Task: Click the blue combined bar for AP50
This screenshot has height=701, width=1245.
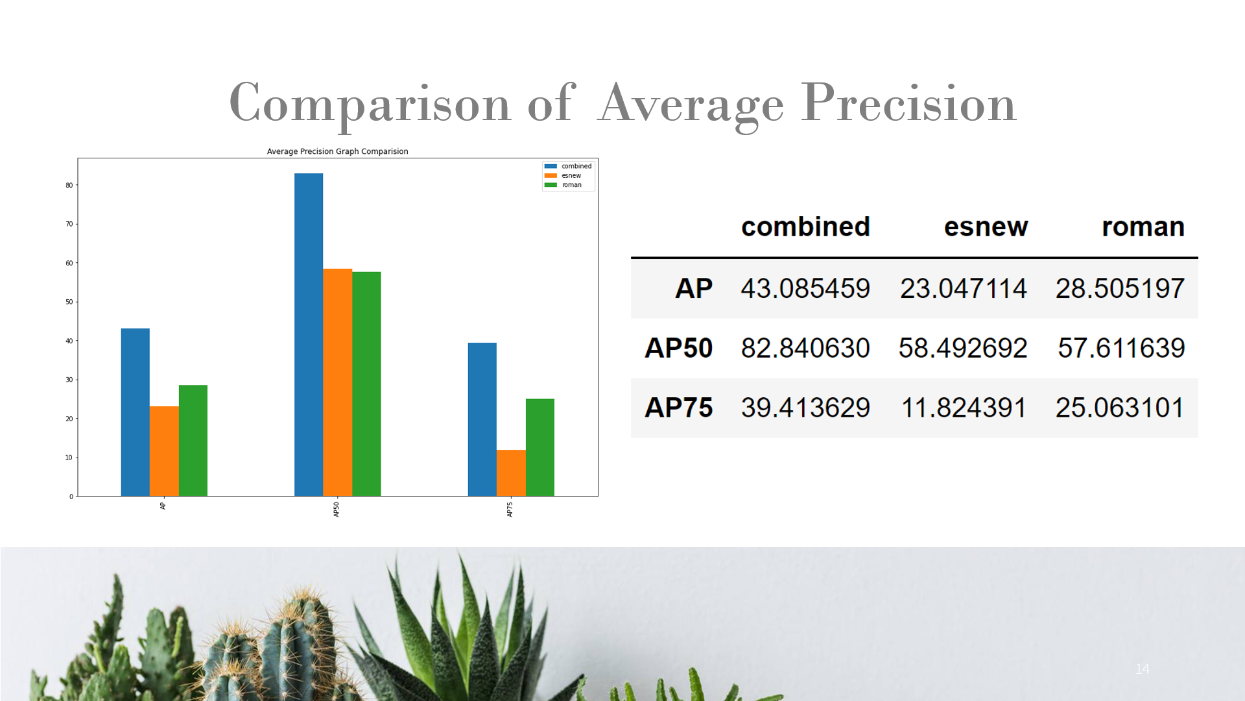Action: tap(309, 334)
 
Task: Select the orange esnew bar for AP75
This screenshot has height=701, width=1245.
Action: tap(511, 473)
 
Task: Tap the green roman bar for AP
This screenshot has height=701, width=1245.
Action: tap(193, 441)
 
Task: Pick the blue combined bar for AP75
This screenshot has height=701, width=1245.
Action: tap(482, 419)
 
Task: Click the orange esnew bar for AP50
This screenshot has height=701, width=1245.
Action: tap(337, 382)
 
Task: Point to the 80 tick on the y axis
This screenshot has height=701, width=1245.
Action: tap(69, 185)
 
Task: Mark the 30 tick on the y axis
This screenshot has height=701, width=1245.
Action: tap(69, 380)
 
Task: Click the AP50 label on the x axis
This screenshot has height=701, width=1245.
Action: tap(337, 510)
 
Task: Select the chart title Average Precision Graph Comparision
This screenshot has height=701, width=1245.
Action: tap(337, 151)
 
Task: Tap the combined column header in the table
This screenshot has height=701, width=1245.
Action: tap(805, 227)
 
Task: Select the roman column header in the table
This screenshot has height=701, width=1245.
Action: tap(1143, 227)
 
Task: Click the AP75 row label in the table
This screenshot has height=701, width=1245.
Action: tap(678, 408)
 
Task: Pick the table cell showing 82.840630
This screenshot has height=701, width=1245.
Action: tap(805, 348)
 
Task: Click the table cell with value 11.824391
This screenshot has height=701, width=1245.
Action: tap(964, 408)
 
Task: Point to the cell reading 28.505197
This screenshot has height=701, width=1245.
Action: tap(1120, 288)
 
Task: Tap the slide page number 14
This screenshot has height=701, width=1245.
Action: tap(1143, 669)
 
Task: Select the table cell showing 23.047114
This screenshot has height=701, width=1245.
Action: tap(964, 288)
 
